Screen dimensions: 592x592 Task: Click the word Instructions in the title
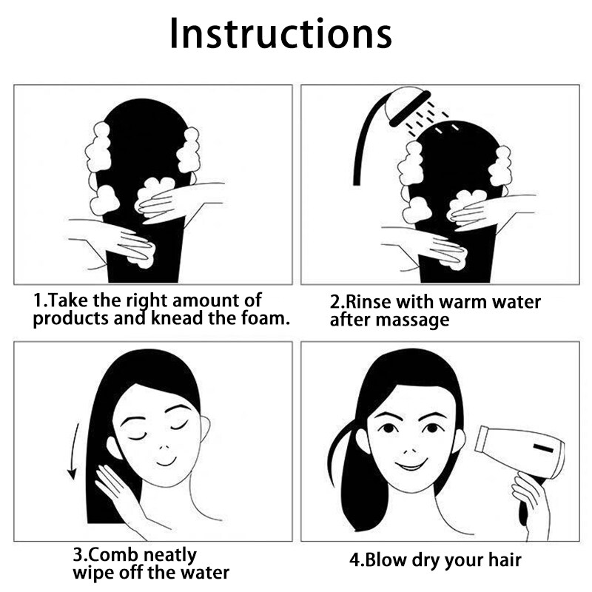pos(280,33)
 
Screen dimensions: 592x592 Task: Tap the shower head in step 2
pos(408,107)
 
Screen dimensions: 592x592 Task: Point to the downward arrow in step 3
pos(73,451)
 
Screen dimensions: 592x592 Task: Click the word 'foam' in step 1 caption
pos(265,318)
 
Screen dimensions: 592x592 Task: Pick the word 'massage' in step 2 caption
pos(413,320)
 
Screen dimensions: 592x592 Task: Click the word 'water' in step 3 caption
pos(205,573)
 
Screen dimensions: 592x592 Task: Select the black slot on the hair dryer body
pos(543,448)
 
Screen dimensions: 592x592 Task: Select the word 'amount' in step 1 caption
pos(205,301)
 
